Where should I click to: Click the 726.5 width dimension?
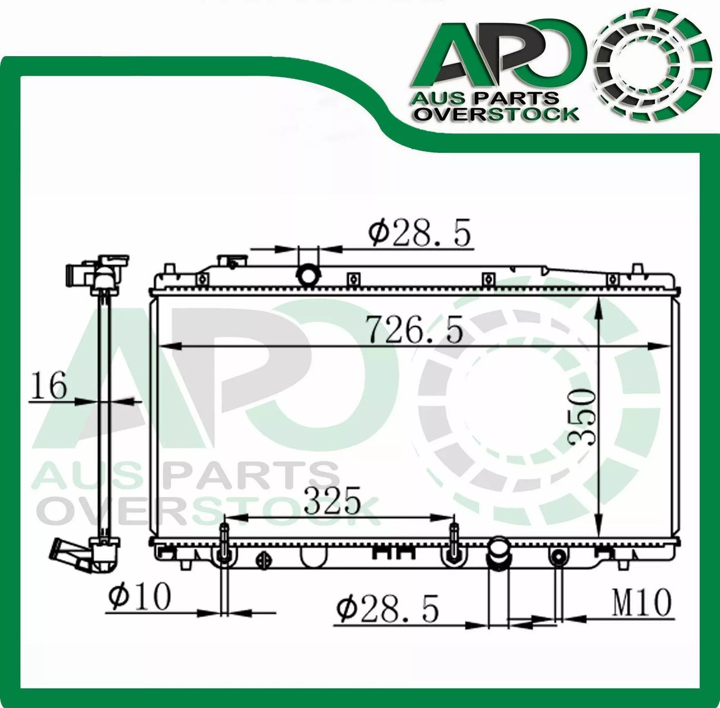tap(415, 330)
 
